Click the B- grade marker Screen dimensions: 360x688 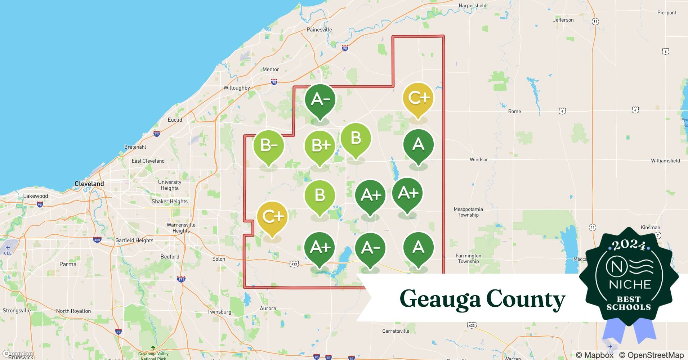[268, 145]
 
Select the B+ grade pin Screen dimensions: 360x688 [320, 146]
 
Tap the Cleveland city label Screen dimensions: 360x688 [89, 184]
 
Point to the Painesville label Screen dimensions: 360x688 [319, 30]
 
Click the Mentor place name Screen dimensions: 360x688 [271, 69]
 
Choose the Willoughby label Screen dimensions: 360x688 [237, 88]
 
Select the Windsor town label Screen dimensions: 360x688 [479, 159]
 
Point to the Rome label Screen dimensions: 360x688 [514, 111]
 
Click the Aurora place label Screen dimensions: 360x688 [268, 309]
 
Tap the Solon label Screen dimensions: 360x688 [219, 259]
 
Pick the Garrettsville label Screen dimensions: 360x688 [396, 331]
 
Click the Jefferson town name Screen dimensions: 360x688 [563, 20]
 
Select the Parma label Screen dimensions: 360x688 [68, 264]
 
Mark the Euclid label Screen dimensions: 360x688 [175, 120]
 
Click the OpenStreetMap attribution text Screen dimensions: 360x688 [651, 355]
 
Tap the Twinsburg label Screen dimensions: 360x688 [219, 312]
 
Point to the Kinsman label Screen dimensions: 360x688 [651, 227]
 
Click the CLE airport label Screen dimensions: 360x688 [8, 253]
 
